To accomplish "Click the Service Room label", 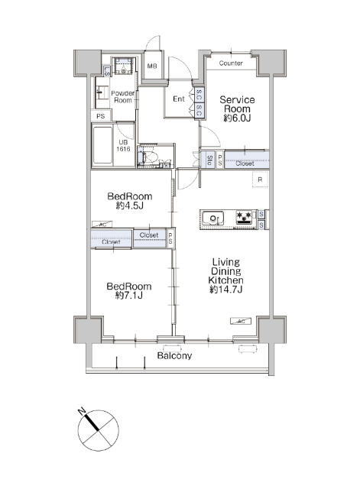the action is coord(237,108).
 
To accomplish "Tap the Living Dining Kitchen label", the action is coord(225,275).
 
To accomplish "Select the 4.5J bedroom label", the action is coord(129,200).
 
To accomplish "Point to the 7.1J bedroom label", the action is coord(129,290).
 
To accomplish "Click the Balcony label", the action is coord(174,355).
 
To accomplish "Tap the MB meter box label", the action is coord(152,66).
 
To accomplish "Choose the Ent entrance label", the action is coord(179,99).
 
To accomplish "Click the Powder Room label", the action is coord(123,97).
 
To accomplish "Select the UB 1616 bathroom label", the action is coord(123,146).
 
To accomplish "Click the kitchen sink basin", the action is coord(212,219).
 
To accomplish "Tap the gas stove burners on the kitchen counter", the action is coord(244,217).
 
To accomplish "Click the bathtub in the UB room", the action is coord(102,144).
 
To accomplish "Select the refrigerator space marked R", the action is coord(260,180).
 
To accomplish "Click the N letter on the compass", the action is coord(82,412).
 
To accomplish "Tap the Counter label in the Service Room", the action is coord(231,63).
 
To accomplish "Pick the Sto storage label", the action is coord(210,160).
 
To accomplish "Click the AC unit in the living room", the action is coord(241,321).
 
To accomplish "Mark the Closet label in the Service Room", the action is coord(245,163).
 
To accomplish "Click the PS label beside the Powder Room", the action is coord(100,116).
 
